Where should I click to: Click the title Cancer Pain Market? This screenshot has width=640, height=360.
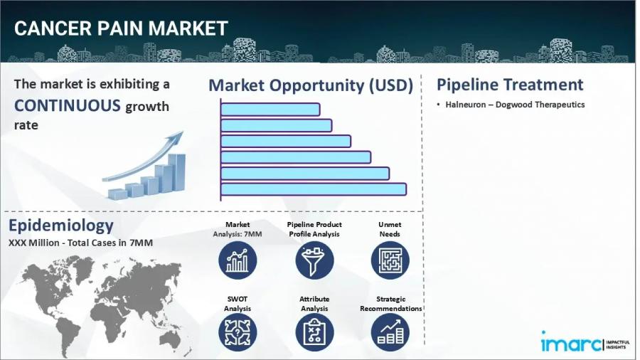[121, 28]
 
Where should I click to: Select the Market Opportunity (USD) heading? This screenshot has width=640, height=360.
[311, 86]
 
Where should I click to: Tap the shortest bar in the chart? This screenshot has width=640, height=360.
[270, 110]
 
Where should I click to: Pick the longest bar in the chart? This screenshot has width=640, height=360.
[314, 189]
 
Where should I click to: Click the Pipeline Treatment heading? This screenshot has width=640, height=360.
[510, 85]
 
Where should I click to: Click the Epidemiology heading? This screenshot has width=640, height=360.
[61, 226]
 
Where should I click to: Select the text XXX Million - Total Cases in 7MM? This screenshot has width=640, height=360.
[81, 243]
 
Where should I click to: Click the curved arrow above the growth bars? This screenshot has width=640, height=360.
[143, 153]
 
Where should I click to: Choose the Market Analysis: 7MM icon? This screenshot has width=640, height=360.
[238, 260]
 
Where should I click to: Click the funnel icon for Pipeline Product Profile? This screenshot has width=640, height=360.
[314, 260]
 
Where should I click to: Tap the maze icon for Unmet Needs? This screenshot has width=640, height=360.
[390, 260]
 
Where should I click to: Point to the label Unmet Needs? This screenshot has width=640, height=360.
[390, 229]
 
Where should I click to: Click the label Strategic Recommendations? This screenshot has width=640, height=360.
[390, 304]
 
